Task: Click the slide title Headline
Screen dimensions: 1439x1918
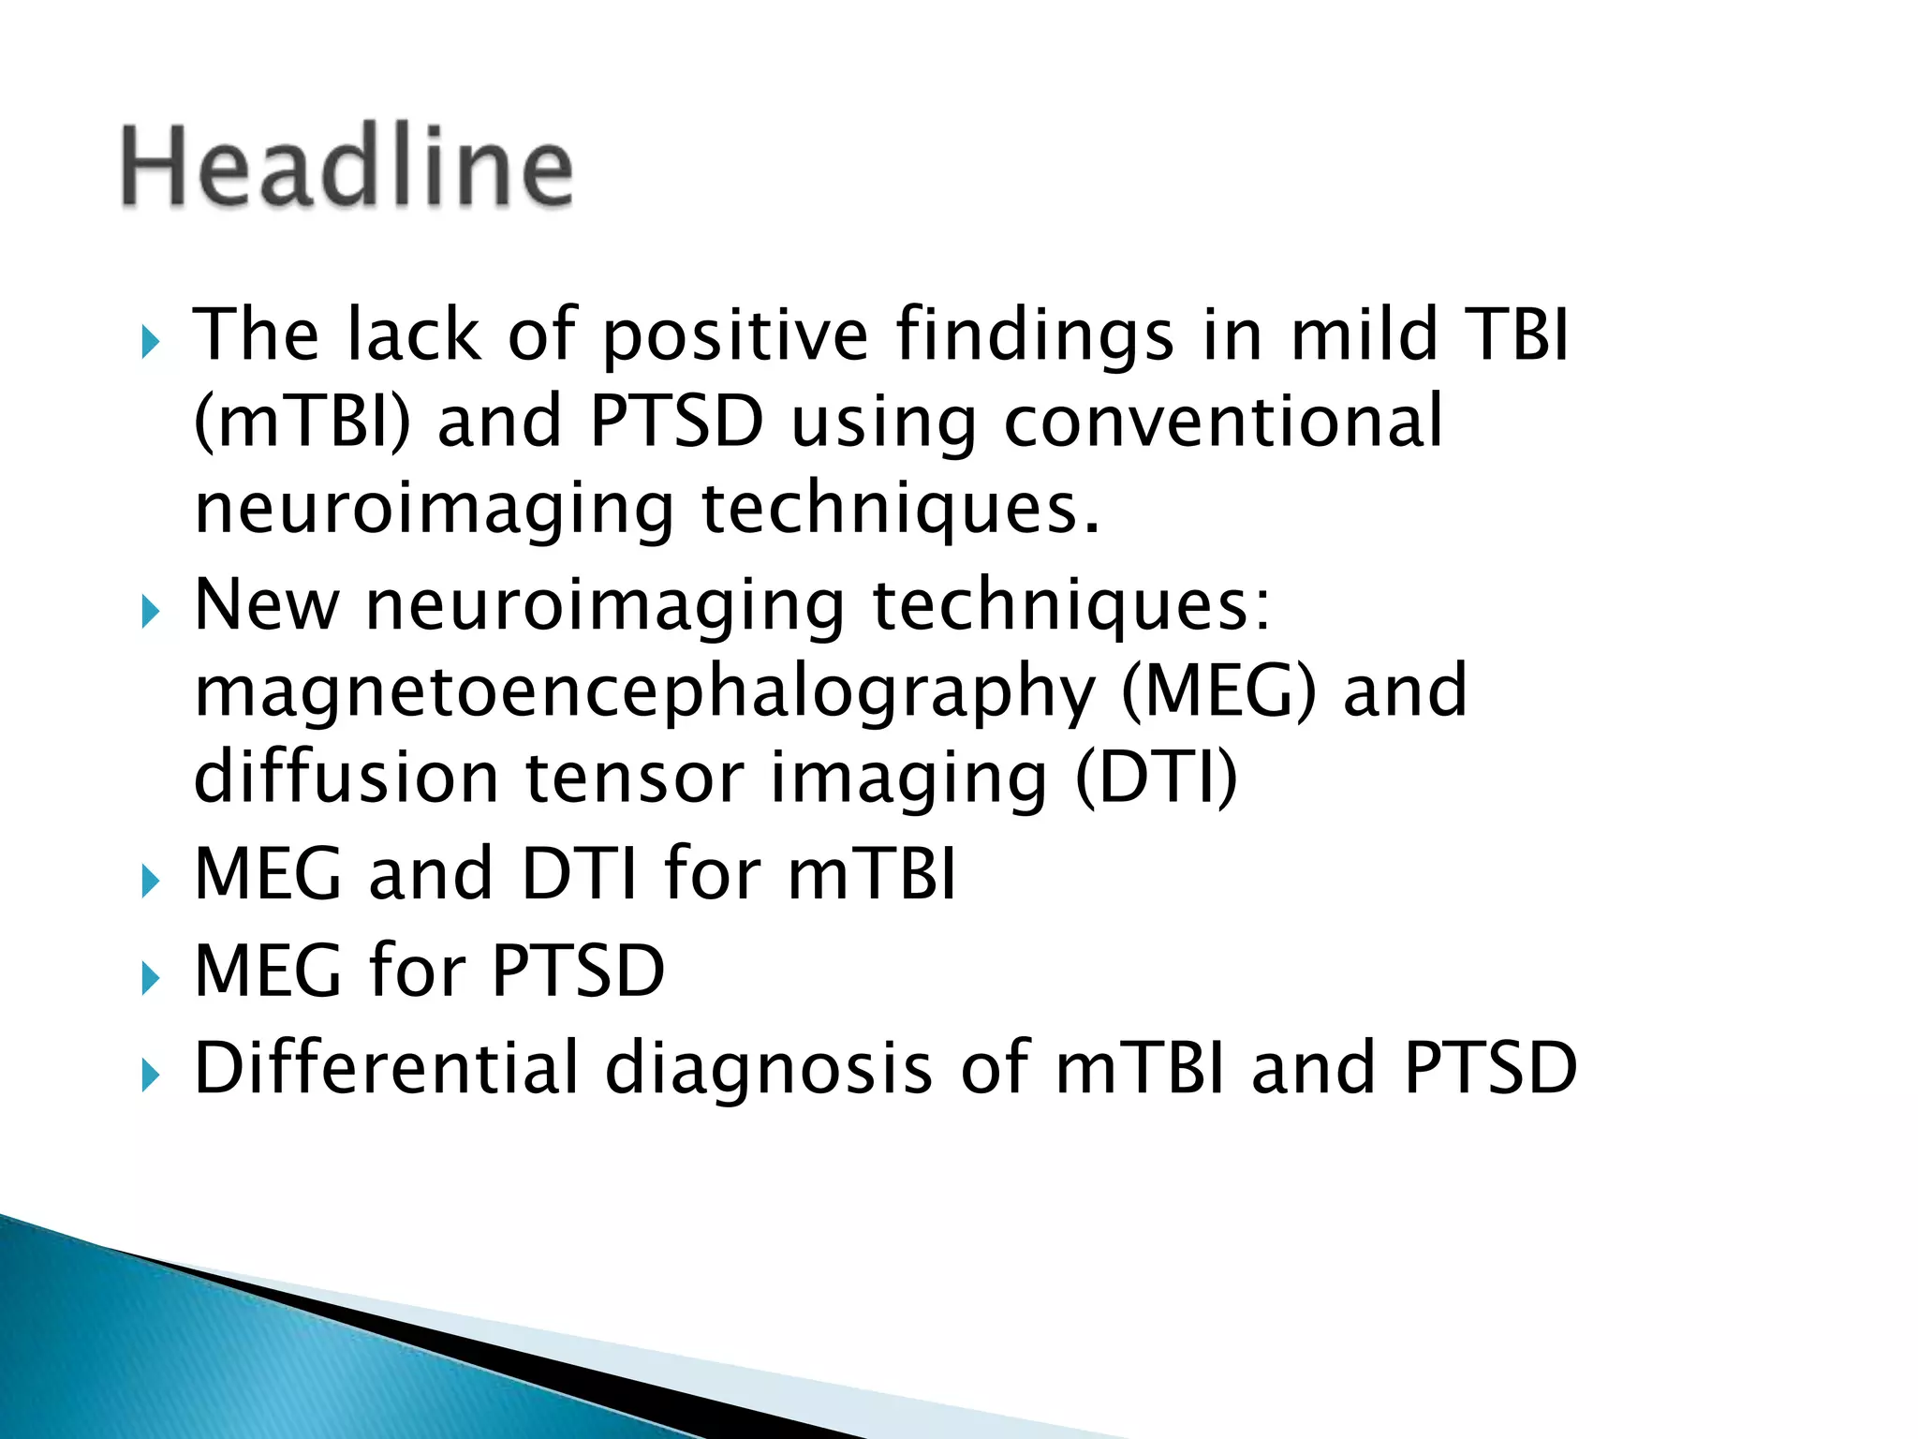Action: click(x=347, y=167)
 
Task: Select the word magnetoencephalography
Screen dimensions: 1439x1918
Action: click(x=644, y=691)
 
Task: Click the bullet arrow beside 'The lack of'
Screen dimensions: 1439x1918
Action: click(x=150, y=343)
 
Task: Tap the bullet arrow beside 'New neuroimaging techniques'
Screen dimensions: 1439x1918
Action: click(x=150, y=614)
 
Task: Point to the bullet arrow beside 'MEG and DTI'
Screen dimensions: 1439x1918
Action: click(x=150, y=883)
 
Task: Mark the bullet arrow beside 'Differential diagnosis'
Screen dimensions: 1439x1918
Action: click(x=150, y=1077)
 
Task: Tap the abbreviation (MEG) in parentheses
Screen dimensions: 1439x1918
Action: click(x=1217, y=691)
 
